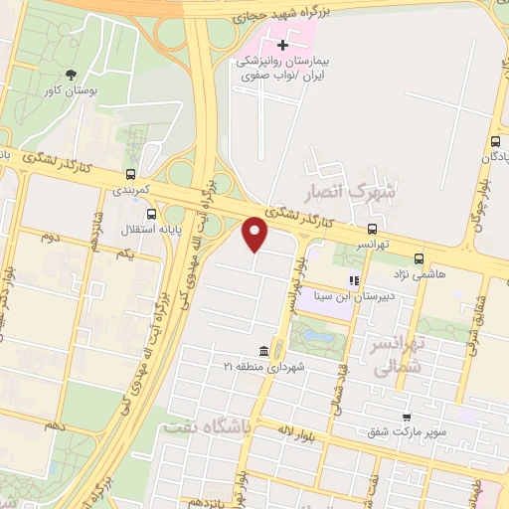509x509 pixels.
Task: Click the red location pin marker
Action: point(255,235)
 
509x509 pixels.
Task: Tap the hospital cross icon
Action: point(283,45)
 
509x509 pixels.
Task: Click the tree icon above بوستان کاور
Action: point(71,75)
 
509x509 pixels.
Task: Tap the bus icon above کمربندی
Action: point(130,171)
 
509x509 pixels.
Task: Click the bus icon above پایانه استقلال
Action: point(151,213)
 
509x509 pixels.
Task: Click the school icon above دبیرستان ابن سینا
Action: point(353,281)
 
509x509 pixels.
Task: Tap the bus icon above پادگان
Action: point(495,142)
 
